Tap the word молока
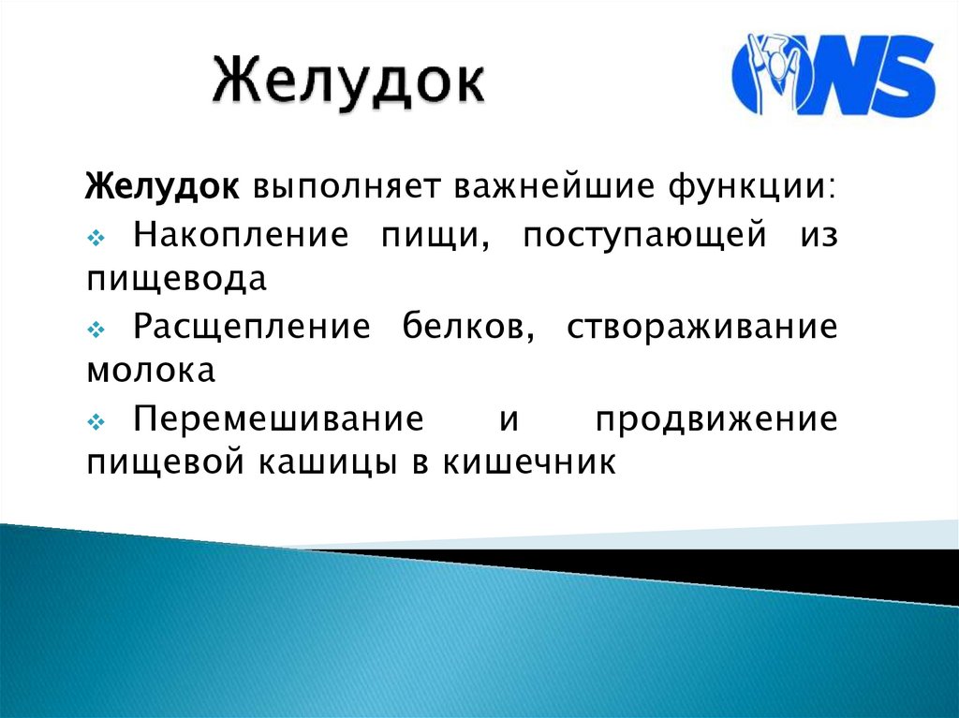(x=152, y=371)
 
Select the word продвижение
(x=716, y=418)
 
